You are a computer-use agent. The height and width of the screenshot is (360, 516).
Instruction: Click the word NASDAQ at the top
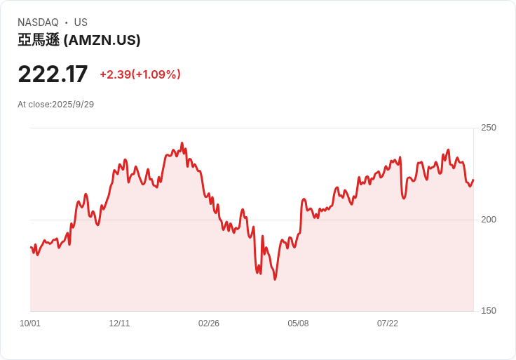tap(38, 22)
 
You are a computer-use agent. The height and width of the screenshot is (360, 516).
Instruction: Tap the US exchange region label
tap(81, 22)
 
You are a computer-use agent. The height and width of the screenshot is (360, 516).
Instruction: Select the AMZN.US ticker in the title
tap(102, 41)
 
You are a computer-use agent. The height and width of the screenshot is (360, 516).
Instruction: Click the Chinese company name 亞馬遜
tap(38, 41)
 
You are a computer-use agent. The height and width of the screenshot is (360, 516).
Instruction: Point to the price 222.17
tap(53, 74)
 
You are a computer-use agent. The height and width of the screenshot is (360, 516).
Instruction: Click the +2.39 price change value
tap(115, 74)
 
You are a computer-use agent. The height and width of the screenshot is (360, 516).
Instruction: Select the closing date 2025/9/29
tap(73, 105)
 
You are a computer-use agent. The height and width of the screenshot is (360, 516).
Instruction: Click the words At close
tap(33, 105)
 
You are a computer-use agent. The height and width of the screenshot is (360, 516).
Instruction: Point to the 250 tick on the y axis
tap(489, 128)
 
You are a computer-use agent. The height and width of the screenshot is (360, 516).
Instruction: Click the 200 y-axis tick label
tap(489, 220)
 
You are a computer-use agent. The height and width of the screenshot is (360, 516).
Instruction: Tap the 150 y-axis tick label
tap(489, 311)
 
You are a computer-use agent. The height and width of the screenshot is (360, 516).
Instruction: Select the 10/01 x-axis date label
tap(30, 324)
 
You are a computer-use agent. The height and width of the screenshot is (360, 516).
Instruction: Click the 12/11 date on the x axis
tap(119, 324)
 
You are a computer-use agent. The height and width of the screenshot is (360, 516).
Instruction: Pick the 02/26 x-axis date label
tap(209, 324)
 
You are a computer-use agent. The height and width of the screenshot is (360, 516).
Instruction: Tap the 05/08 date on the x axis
tap(298, 324)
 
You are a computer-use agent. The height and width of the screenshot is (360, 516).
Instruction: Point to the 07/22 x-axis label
tap(388, 324)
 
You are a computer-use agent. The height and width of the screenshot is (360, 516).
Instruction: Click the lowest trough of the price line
tap(275, 279)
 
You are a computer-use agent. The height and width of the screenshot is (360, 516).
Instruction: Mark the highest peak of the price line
tap(182, 143)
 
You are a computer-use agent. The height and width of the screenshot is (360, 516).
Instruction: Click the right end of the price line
tap(473, 180)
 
